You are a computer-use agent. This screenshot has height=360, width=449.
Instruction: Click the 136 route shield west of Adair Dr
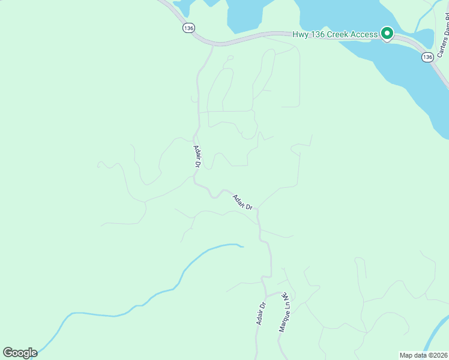coord(189,28)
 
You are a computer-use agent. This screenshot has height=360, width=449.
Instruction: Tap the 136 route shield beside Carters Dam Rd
coord(427,57)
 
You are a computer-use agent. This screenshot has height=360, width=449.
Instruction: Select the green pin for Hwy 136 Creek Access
coord(387,34)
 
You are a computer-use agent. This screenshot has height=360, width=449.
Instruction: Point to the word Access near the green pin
coord(363,34)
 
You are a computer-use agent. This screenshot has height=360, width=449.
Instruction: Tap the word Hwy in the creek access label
coord(300,34)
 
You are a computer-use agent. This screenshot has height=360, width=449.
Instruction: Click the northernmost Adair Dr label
coord(197,156)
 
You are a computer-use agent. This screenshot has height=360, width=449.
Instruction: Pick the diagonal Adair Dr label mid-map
coord(243,202)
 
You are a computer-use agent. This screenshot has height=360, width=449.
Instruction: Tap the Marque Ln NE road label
coord(284,315)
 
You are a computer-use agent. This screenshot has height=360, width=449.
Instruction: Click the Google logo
coord(20,353)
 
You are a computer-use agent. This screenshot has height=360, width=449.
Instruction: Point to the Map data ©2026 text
coord(423,355)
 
